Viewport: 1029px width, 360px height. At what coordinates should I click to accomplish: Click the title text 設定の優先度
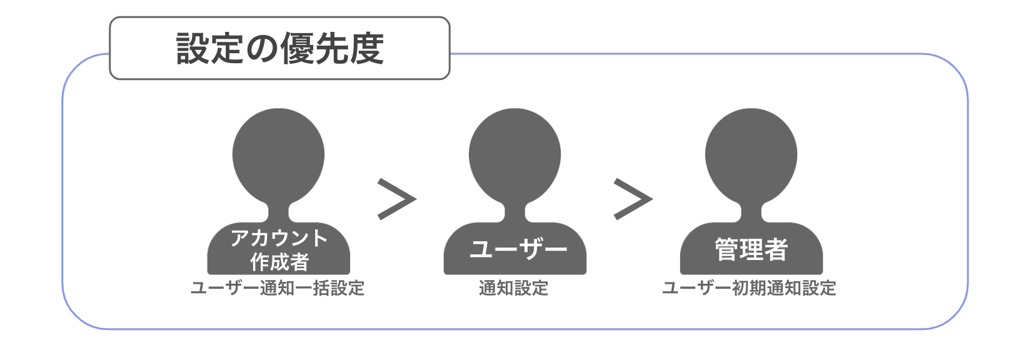point(280,48)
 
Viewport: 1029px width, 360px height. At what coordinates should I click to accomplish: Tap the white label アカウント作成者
point(279,250)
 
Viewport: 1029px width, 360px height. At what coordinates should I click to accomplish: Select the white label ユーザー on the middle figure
point(519,249)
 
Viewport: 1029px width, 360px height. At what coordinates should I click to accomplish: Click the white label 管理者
point(751,249)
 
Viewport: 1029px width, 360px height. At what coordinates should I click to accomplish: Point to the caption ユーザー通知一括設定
point(278,288)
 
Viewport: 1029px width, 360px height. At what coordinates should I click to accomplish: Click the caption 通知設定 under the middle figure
point(514,288)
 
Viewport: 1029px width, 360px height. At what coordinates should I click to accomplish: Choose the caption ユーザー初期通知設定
point(749,288)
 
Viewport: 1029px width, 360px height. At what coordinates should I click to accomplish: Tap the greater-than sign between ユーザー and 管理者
point(633,199)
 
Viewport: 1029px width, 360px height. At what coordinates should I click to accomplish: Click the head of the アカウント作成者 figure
point(278,155)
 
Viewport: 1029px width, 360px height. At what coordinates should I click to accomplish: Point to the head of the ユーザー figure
point(515,155)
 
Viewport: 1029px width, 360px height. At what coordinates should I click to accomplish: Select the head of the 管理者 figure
point(751,155)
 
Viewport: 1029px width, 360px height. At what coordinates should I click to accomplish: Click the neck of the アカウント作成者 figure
point(278,212)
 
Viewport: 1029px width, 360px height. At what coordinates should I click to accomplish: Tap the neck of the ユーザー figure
point(515,212)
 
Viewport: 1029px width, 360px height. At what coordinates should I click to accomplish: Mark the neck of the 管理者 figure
point(751,212)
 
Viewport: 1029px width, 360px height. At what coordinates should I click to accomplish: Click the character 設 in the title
point(193,48)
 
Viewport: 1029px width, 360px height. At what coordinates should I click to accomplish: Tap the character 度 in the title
point(366,48)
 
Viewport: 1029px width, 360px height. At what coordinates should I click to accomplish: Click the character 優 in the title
point(297,48)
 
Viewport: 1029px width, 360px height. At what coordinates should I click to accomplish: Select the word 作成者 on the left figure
point(279,262)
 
